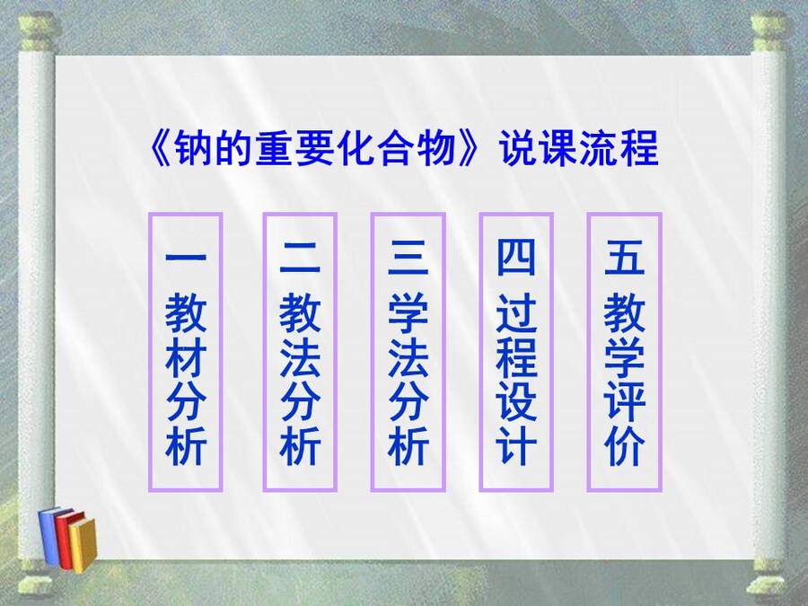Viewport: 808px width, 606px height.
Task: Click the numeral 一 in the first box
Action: coord(186,257)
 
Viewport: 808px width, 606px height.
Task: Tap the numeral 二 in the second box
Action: coord(299,257)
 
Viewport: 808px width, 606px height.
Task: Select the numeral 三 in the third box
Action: coord(408,257)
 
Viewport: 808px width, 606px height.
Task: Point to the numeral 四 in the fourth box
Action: coord(516,257)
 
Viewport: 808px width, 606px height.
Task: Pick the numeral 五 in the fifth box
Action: coord(624,257)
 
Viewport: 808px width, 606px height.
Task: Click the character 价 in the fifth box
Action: coord(624,445)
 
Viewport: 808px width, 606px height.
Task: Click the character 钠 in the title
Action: coord(193,148)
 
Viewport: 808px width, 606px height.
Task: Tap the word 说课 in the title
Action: coord(540,148)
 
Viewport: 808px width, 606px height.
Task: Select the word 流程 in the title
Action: coord(619,148)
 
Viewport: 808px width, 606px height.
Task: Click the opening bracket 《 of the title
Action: coord(161,148)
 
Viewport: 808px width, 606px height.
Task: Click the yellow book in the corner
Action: coord(83,545)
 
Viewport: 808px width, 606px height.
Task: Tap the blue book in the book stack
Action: coord(49,535)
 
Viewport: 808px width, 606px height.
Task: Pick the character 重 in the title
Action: coord(274,148)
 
